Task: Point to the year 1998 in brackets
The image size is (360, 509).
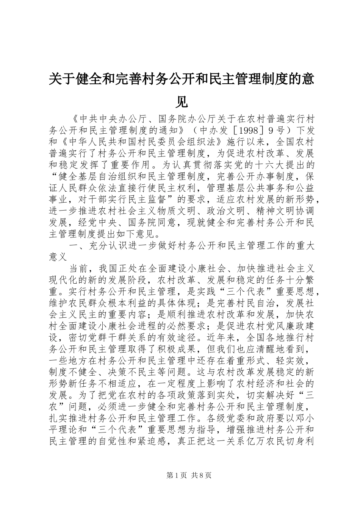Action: (251, 131)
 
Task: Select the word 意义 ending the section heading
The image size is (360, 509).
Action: (59, 257)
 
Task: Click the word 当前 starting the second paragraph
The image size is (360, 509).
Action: (79, 268)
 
